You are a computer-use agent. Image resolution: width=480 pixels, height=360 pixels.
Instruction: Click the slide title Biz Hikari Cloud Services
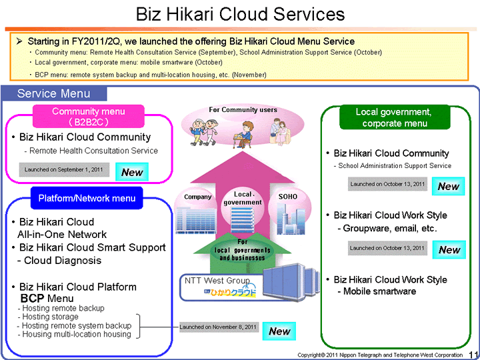point(240,14)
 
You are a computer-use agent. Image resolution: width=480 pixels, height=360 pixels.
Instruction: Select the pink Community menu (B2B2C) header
point(89,117)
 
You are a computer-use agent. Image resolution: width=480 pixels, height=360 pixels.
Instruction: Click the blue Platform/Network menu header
point(87,198)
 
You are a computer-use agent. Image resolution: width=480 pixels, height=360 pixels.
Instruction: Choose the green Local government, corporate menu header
point(393,117)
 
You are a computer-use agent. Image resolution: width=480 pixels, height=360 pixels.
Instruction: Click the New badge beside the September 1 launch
point(132,172)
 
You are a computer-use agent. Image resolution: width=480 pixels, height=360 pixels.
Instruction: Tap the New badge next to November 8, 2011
point(279,331)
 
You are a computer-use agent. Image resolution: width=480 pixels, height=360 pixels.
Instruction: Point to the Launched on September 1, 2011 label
point(63,171)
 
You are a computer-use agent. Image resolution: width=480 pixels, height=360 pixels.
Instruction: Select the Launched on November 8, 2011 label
point(219,327)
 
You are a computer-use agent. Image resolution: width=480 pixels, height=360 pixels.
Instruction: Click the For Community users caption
point(243,110)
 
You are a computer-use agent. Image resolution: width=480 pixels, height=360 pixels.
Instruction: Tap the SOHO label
point(288,197)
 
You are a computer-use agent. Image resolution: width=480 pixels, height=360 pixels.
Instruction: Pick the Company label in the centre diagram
point(197,197)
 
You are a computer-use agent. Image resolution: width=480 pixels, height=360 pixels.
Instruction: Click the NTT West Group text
point(217,281)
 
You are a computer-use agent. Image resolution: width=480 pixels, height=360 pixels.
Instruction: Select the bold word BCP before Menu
point(32,299)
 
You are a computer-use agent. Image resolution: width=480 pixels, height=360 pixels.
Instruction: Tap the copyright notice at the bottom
point(379,355)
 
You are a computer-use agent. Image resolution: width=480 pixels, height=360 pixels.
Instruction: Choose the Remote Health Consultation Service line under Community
point(93,151)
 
